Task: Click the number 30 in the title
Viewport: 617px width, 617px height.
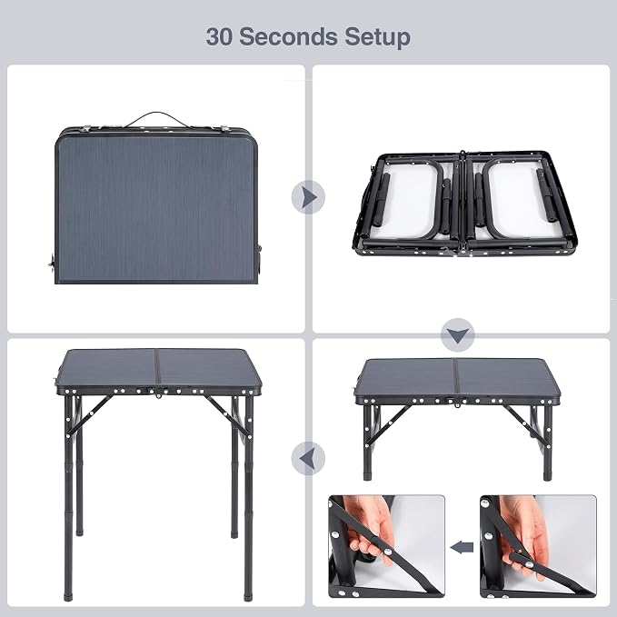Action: (x=219, y=36)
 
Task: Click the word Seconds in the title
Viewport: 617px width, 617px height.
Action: (x=288, y=36)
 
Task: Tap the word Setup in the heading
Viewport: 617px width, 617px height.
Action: (x=377, y=38)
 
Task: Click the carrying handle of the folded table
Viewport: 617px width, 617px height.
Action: (x=157, y=119)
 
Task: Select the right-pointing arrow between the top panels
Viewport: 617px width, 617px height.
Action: (x=308, y=197)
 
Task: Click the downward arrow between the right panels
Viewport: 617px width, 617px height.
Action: (x=458, y=335)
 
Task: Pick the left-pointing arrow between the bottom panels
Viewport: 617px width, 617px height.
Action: (x=308, y=458)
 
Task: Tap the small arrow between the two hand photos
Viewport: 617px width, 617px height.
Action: (x=462, y=547)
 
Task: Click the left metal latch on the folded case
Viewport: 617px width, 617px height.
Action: (x=85, y=129)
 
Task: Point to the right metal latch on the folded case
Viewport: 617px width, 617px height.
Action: (x=225, y=129)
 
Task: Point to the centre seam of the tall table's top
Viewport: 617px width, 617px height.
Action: (x=157, y=369)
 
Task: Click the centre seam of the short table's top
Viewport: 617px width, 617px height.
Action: (x=457, y=378)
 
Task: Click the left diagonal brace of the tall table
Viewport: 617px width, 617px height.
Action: (x=90, y=415)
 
